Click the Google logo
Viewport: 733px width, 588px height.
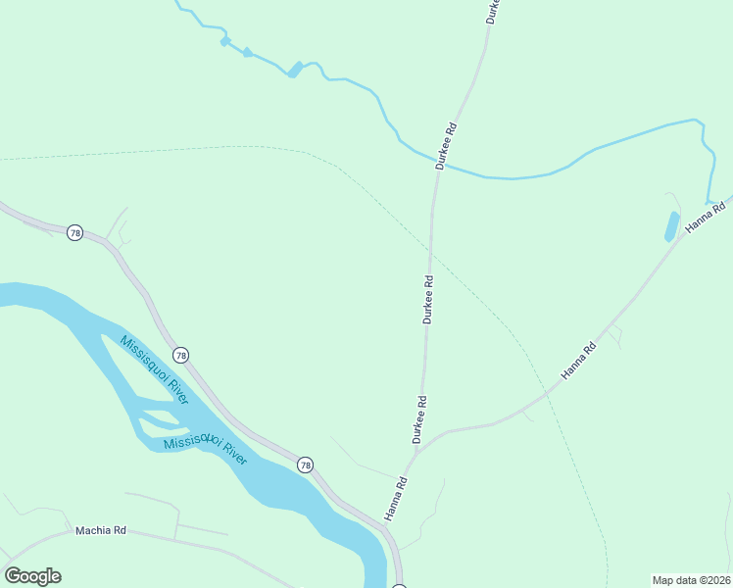(x=33, y=576)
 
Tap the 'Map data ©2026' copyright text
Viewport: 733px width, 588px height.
(x=692, y=580)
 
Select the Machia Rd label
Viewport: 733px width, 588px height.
(x=101, y=531)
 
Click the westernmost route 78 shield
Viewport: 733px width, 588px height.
(x=75, y=233)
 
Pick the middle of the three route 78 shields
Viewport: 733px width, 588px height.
(x=180, y=354)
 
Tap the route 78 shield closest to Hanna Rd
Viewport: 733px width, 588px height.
(x=306, y=465)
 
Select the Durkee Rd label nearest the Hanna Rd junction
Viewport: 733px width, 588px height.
(x=420, y=419)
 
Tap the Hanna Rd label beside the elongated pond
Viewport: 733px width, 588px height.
(x=706, y=217)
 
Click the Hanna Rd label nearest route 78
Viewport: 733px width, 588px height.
(x=396, y=498)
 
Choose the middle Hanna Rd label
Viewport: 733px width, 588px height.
(x=578, y=362)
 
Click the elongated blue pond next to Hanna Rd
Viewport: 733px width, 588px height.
(x=671, y=226)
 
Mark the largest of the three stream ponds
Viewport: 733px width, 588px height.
(x=295, y=70)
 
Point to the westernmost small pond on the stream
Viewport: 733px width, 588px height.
(x=224, y=42)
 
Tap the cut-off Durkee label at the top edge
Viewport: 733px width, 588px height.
(x=492, y=11)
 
